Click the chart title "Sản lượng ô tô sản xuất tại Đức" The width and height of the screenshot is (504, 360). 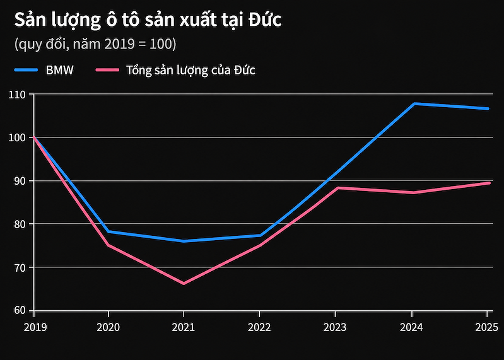click(x=148, y=20)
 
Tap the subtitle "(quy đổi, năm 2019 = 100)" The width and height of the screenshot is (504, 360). click(x=95, y=44)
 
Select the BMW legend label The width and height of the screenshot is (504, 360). click(x=60, y=70)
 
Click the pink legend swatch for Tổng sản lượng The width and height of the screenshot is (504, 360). click(x=107, y=70)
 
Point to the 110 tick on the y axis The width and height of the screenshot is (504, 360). click(x=17, y=95)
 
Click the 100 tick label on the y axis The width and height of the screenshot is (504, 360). click(x=17, y=137)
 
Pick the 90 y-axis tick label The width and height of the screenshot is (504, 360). click(x=20, y=181)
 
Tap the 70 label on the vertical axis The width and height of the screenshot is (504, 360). click(x=20, y=267)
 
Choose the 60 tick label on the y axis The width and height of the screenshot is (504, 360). click(x=20, y=310)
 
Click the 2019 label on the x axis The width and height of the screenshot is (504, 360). click(x=35, y=327)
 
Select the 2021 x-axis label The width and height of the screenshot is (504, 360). click(x=184, y=327)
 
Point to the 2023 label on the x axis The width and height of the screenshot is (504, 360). click(x=335, y=327)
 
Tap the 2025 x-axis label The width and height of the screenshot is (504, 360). click(x=486, y=327)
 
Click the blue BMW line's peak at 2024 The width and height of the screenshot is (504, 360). click(x=414, y=104)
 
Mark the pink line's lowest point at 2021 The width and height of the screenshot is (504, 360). click(x=184, y=284)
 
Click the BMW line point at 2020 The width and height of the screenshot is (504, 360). click(x=108, y=231)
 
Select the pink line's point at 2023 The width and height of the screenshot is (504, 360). click(x=337, y=188)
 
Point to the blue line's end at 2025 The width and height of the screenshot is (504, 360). click(x=488, y=108)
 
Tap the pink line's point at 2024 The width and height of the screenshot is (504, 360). click(x=413, y=193)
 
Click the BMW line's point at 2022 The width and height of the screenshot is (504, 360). click(x=260, y=235)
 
